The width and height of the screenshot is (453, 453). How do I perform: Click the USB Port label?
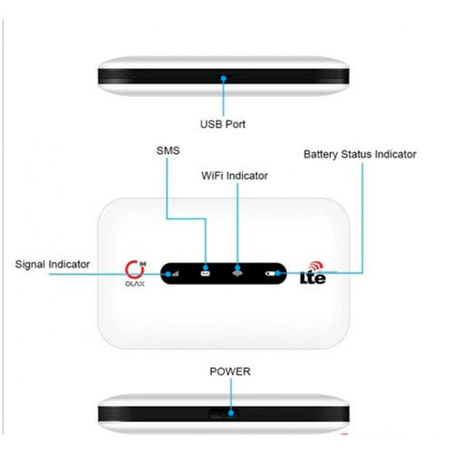click(223, 124)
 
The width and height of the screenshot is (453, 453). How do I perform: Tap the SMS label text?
click(168, 150)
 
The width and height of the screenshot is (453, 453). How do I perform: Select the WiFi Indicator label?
click(235, 176)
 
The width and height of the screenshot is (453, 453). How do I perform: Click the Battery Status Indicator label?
click(360, 155)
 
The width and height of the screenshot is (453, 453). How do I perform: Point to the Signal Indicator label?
click(53, 265)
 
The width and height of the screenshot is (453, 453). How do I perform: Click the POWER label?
click(230, 371)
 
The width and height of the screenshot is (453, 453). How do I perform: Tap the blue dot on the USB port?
click(224, 79)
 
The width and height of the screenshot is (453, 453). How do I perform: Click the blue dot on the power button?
click(231, 413)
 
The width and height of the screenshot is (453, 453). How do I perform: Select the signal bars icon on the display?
click(175, 274)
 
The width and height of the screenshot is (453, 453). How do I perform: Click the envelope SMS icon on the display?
click(206, 274)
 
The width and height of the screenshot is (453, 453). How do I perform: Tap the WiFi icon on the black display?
click(237, 274)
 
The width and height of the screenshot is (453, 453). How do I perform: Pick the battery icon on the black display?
click(271, 274)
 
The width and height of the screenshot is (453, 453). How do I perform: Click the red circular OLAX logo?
click(132, 270)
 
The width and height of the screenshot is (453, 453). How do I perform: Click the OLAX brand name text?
click(135, 284)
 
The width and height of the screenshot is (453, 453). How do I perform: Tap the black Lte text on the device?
click(313, 278)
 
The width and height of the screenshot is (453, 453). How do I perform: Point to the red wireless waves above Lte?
click(315, 265)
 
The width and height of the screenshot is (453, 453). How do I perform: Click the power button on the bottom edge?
click(224, 414)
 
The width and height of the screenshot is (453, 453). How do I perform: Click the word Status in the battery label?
click(357, 154)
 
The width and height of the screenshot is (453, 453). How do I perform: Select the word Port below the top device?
click(235, 124)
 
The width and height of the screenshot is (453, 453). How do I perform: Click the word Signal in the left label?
click(30, 265)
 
